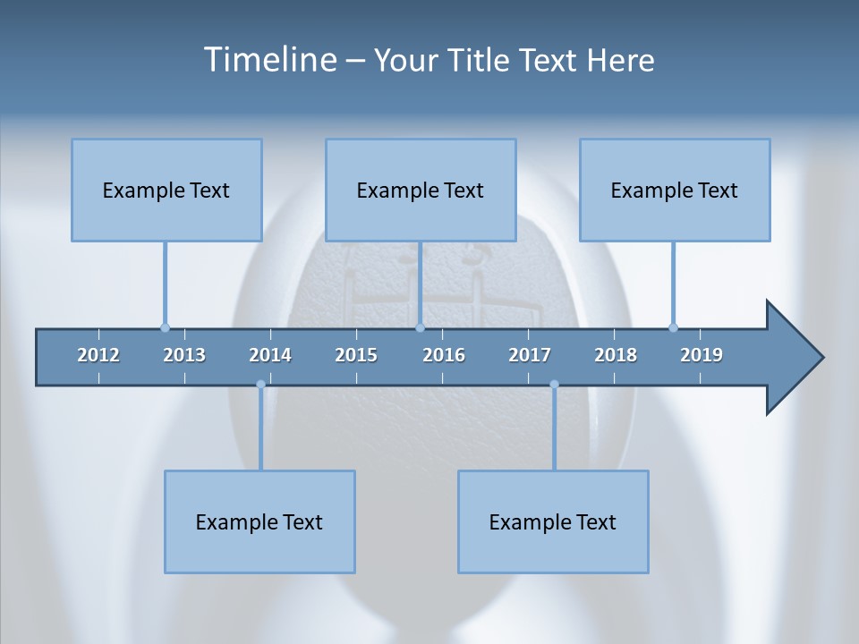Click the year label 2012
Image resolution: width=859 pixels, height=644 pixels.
98,355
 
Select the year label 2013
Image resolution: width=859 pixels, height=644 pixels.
184,355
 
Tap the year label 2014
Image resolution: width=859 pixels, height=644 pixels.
270,355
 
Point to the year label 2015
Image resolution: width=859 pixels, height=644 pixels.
356,355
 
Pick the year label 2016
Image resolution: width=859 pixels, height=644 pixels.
444,355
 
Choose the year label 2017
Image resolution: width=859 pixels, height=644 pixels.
530,355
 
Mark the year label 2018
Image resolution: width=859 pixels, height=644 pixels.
616,355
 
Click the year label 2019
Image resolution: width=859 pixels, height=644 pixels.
702,355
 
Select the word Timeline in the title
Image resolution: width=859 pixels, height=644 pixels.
269,60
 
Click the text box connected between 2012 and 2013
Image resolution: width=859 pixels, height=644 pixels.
166,190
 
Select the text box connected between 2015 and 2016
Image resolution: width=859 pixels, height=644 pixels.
421,190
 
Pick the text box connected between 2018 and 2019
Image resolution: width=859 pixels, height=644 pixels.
675,190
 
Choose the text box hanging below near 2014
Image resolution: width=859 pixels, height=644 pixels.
259,521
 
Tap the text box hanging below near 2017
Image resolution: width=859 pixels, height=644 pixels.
553,521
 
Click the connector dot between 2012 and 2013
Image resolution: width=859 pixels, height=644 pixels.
165,327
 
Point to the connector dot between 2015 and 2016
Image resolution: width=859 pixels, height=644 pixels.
420,327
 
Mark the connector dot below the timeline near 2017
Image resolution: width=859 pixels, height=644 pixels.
554,385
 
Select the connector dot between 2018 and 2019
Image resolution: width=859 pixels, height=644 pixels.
673,327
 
